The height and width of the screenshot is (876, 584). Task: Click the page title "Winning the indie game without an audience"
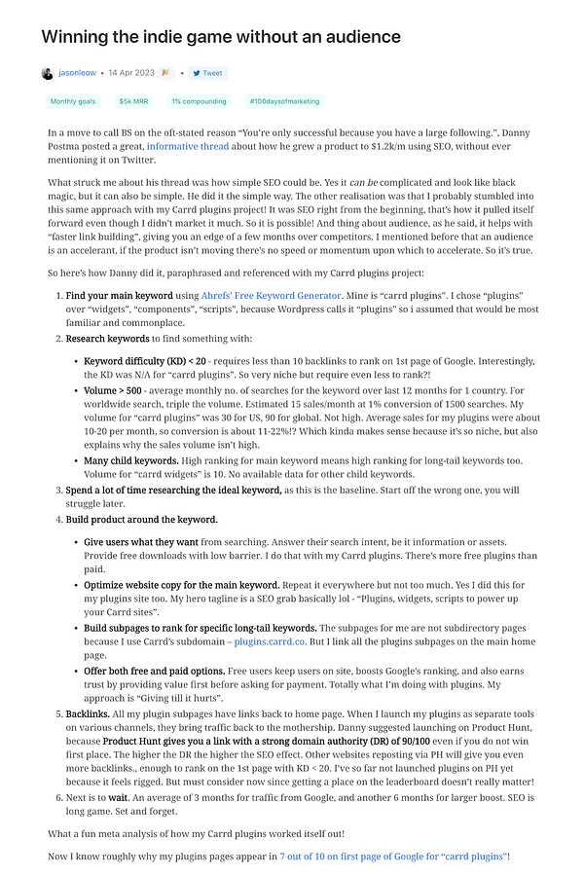[x=220, y=37]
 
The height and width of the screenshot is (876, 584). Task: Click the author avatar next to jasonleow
[x=47, y=73]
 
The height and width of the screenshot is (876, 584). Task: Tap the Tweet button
[x=207, y=73]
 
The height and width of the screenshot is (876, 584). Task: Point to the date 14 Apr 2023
[x=132, y=73]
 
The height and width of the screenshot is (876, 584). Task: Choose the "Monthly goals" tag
[x=72, y=101]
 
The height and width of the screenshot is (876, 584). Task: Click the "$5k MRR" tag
[x=133, y=101]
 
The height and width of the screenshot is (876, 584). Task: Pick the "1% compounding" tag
[x=199, y=101]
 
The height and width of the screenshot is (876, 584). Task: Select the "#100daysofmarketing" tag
[x=284, y=101]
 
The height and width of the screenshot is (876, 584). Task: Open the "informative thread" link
[x=188, y=147]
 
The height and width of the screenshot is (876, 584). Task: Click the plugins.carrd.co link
[x=268, y=641]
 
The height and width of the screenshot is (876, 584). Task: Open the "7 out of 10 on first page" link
[x=392, y=856]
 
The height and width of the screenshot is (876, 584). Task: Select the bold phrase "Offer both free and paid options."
[x=154, y=672]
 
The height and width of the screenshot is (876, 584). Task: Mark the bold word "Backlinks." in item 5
[x=91, y=714]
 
